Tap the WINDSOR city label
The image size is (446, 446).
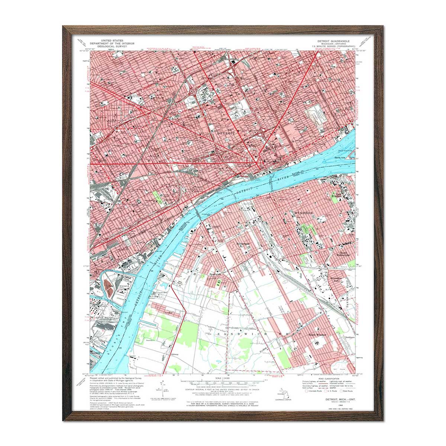click(304, 213)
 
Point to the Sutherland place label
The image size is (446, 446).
click(243, 244)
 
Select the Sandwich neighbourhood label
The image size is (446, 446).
click(215, 274)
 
